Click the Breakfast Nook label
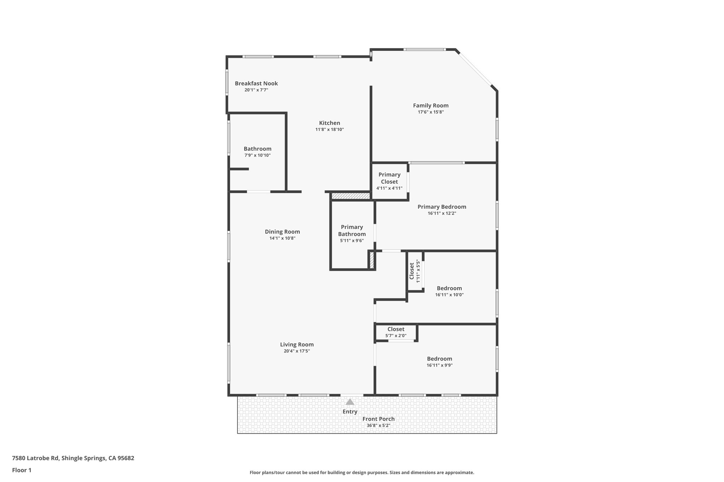pyautogui.click(x=256, y=84)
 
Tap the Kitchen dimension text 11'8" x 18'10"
pyautogui.click(x=329, y=130)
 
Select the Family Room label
pyautogui.click(x=431, y=106)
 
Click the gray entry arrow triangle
pyautogui.click(x=350, y=402)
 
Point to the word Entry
pyautogui.click(x=350, y=412)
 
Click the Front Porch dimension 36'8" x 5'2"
pyautogui.click(x=378, y=426)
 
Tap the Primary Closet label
pyautogui.click(x=389, y=178)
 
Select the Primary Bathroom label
pyautogui.click(x=352, y=231)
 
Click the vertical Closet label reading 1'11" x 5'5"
pyautogui.click(x=412, y=271)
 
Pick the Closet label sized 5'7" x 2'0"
pyautogui.click(x=396, y=329)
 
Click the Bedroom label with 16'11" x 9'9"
pyautogui.click(x=439, y=359)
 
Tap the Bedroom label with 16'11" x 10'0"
pyautogui.click(x=449, y=288)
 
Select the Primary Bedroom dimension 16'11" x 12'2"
pyautogui.click(x=442, y=213)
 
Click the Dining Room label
pyautogui.click(x=282, y=232)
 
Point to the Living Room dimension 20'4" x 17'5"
pyautogui.click(x=297, y=351)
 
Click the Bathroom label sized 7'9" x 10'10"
pyautogui.click(x=257, y=149)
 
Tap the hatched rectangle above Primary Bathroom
pyautogui.click(x=350, y=196)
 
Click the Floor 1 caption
pyautogui.click(x=22, y=470)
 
